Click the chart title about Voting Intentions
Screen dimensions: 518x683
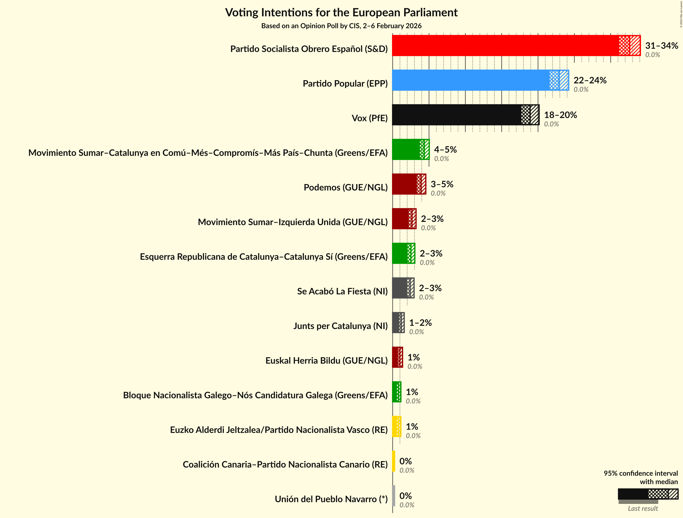pos(341,13)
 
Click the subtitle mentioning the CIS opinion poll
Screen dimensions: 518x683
pos(341,26)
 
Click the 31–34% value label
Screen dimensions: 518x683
pos(661,46)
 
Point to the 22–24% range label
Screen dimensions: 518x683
pos(590,80)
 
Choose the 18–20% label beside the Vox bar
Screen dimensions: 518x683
pos(560,115)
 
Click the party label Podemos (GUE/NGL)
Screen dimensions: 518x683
pos(345,187)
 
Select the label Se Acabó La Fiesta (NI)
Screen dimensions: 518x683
pos(342,291)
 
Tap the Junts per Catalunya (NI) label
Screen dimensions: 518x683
pos(340,326)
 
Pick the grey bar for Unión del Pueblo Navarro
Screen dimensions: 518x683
pos(394,496)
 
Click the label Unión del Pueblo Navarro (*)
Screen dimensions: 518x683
pos(331,499)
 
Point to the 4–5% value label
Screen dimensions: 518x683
pos(445,150)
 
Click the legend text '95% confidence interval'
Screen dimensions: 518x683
pos(641,473)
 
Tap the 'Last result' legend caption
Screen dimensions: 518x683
pos(643,508)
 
